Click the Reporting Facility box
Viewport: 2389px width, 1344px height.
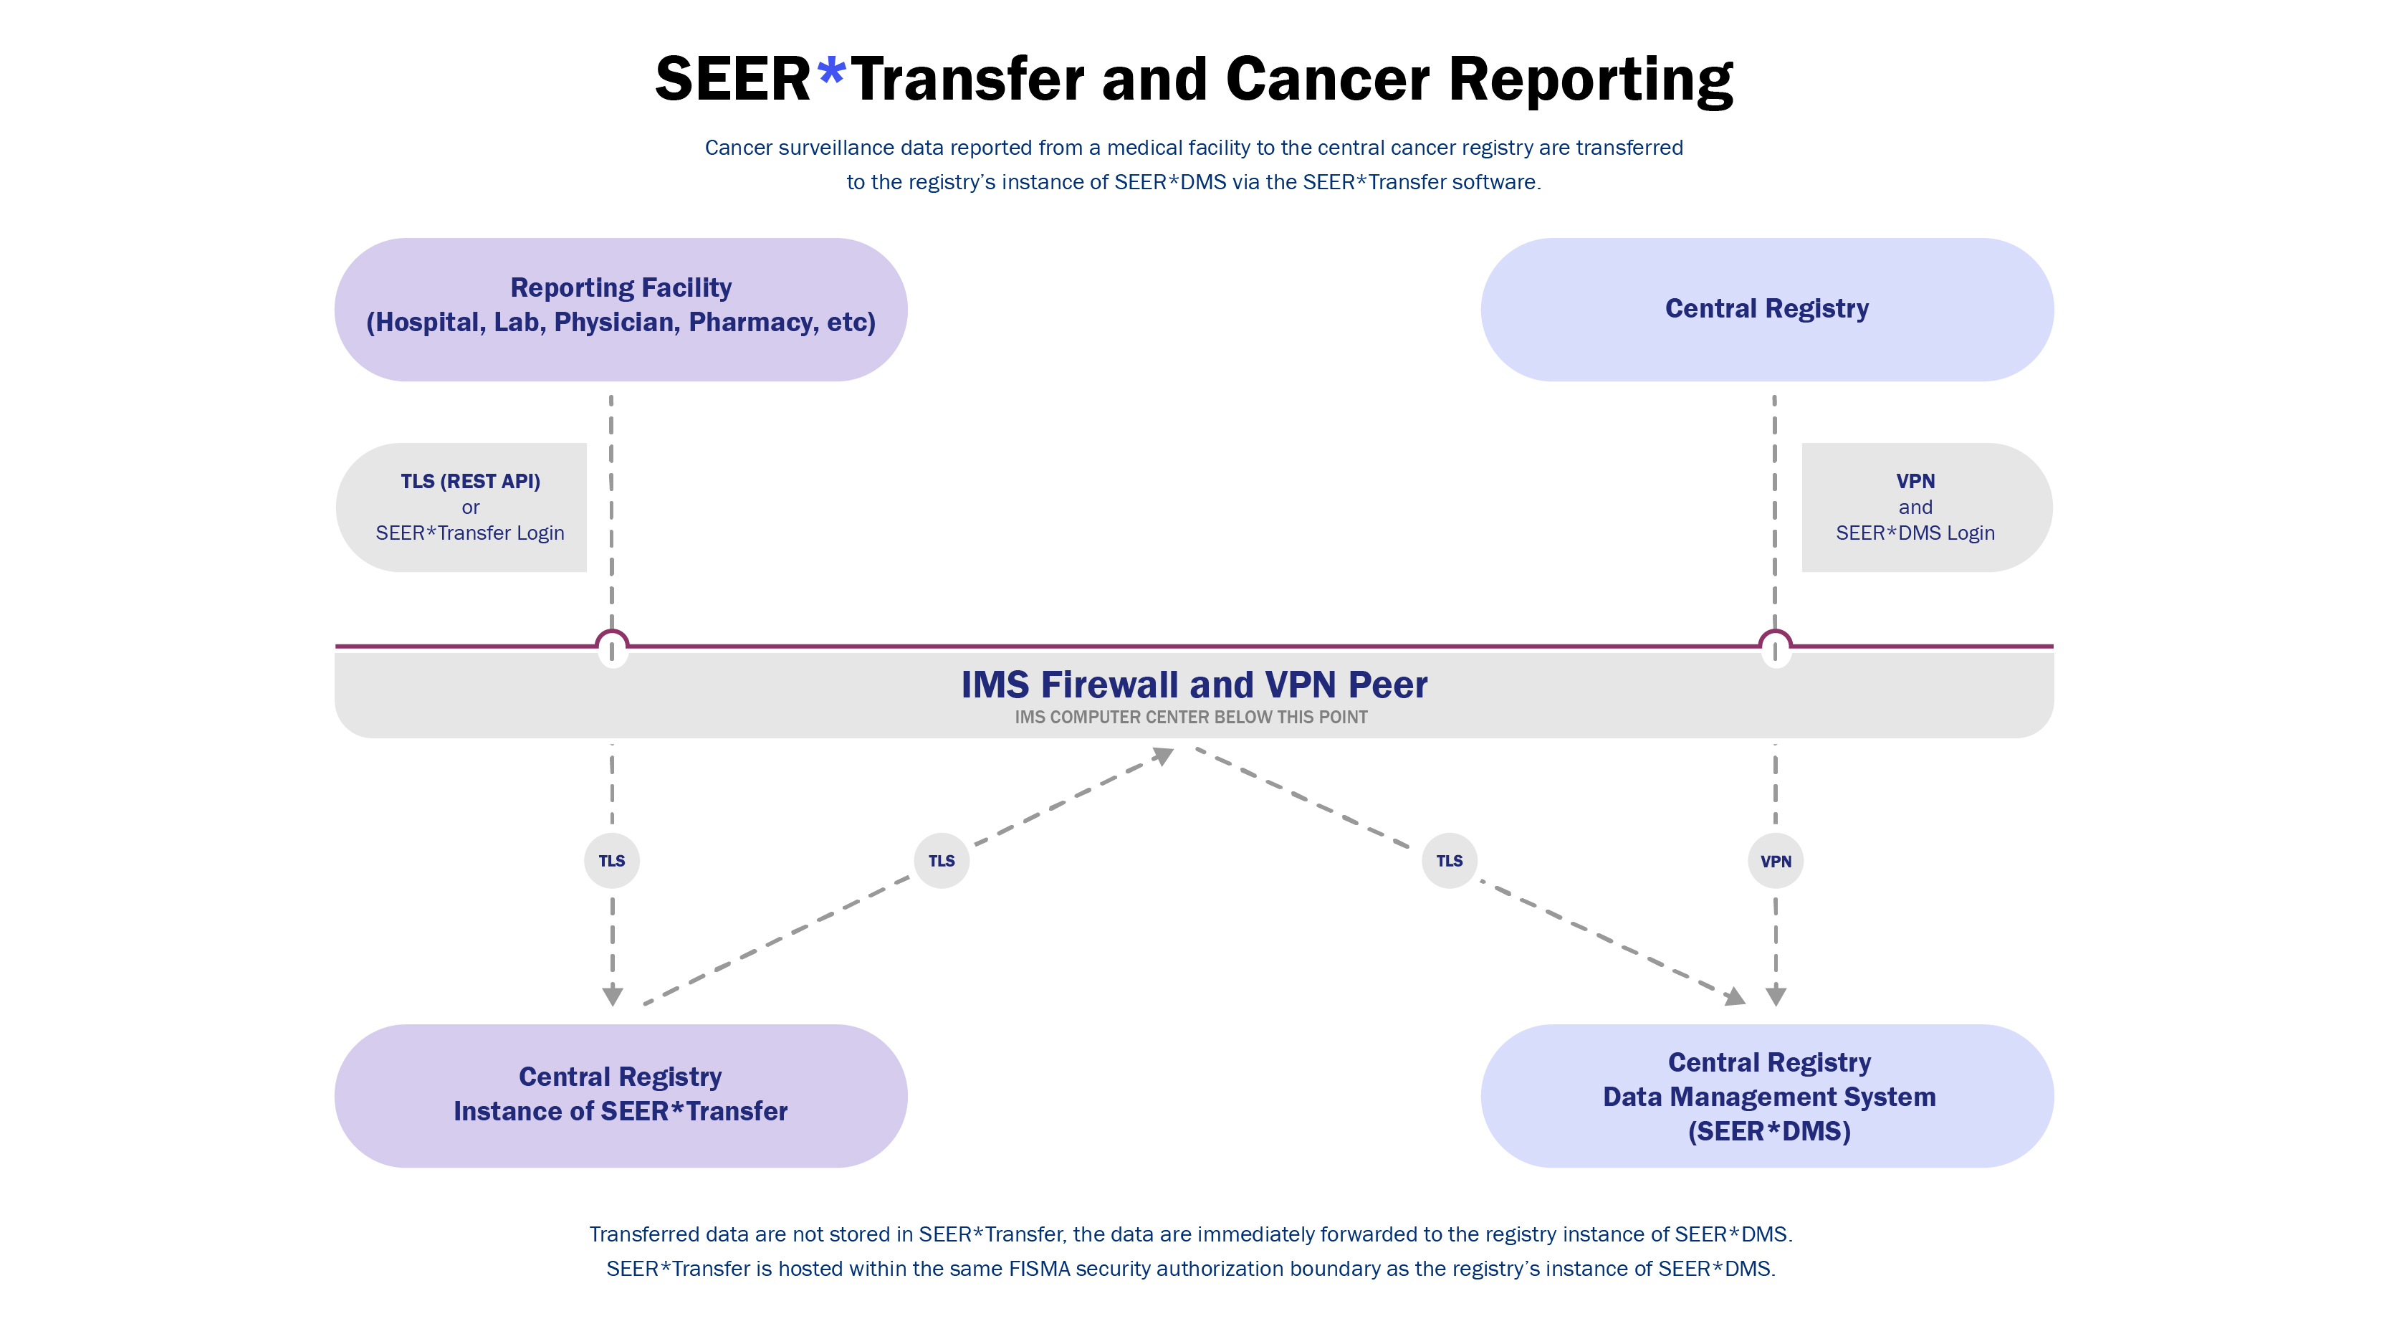pyautogui.click(x=621, y=309)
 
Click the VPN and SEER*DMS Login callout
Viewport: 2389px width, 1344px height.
pyautogui.click(x=1915, y=507)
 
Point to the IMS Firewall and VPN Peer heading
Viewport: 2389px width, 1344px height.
pyautogui.click(x=1194, y=685)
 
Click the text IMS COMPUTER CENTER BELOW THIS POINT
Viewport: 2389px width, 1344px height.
pyautogui.click(x=1191, y=717)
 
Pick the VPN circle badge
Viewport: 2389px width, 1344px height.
pyautogui.click(x=1775, y=861)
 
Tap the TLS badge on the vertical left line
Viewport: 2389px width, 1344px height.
pyautogui.click(x=611, y=861)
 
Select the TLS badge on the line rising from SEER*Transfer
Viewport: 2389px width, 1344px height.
pyautogui.click(x=942, y=861)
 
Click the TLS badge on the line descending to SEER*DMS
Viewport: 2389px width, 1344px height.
pyautogui.click(x=1449, y=861)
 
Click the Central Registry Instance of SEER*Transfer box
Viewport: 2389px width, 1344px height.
pyautogui.click(x=621, y=1095)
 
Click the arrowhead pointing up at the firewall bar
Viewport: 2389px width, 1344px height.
pyautogui.click(x=1163, y=756)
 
